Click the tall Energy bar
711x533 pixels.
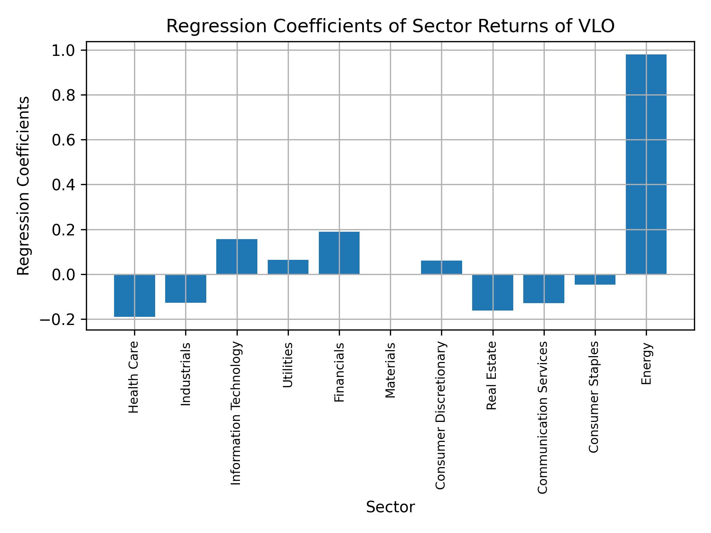click(x=646, y=164)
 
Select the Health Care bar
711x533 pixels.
click(x=134, y=295)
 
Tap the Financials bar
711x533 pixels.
click(x=339, y=253)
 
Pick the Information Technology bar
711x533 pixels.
click(x=237, y=257)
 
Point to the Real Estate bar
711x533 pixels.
click(x=493, y=292)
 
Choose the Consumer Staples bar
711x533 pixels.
click(x=595, y=279)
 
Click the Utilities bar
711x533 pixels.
click(x=288, y=267)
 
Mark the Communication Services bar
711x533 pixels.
click(x=544, y=289)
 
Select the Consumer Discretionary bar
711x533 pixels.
click(x=441, y=267)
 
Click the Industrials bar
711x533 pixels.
click(x=186, y=289)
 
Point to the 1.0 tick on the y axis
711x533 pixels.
click(x=63, y=50)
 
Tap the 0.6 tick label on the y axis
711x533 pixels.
click(x=63, y=140)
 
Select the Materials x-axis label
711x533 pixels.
click(x=390, y=370)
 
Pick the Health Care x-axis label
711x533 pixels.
click(x=134, y=377)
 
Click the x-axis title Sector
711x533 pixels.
click(x=390, y=507)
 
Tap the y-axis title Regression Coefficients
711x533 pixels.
click(x=24, y=186)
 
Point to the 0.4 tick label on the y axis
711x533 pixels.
click(x=63, y=185)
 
